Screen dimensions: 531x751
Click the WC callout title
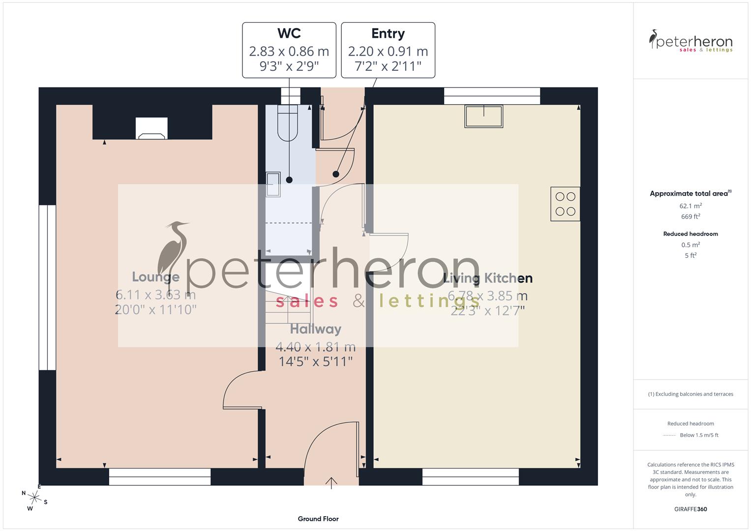(x=289, y=33)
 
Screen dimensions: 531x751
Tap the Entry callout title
(x=388, y=33)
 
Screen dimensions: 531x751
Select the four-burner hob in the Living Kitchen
(x=565, y=204)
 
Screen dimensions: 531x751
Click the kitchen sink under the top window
(x=484, y=117)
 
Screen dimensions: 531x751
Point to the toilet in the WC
(x=288, y=123)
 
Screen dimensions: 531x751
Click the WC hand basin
(x=273, y=184)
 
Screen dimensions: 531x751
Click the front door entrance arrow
(x=331, y=483)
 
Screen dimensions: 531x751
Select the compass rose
(x=34, y=498)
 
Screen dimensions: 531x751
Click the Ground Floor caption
(x=318, y=519)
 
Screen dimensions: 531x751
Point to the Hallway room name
(x=315, y=329)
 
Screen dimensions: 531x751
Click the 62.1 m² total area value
(x=691, y=206)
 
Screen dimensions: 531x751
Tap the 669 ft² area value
(x=691, y=216)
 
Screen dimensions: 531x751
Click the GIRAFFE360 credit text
(x=691, y=509)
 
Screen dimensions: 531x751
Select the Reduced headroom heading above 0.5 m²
(x=691, y=234)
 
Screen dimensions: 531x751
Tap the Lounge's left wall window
(x=48, y=287)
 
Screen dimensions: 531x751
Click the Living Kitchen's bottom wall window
(x=471, y=476)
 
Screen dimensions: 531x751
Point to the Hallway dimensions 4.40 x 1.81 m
(x=315, y=347)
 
